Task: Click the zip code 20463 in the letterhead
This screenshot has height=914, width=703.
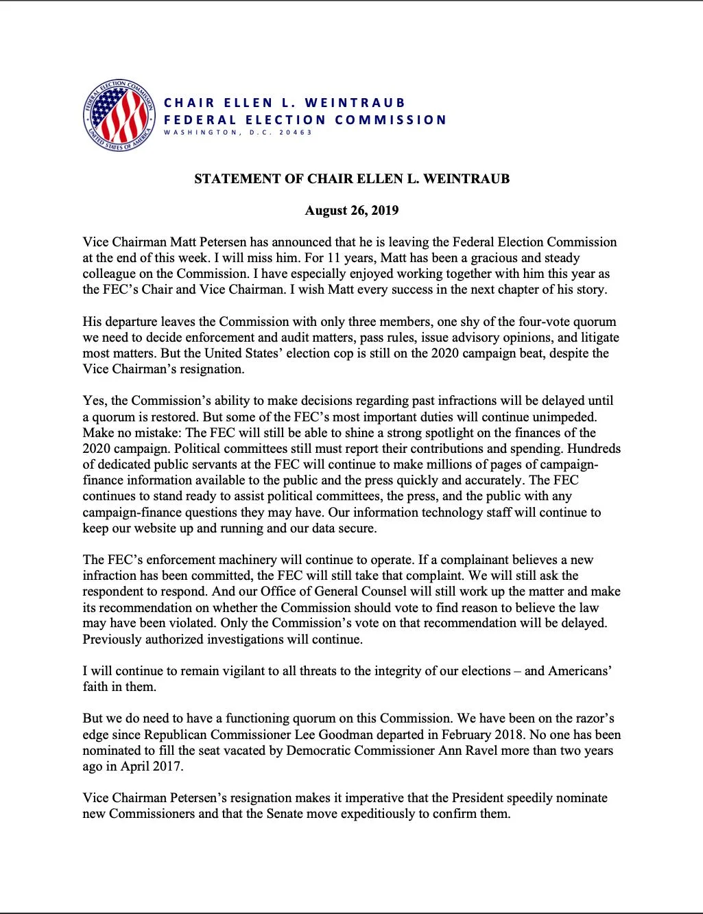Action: (x=296, y=132)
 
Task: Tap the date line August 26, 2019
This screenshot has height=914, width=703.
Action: (x=351, y=210)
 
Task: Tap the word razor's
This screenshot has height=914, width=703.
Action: (x=591, y=718)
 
